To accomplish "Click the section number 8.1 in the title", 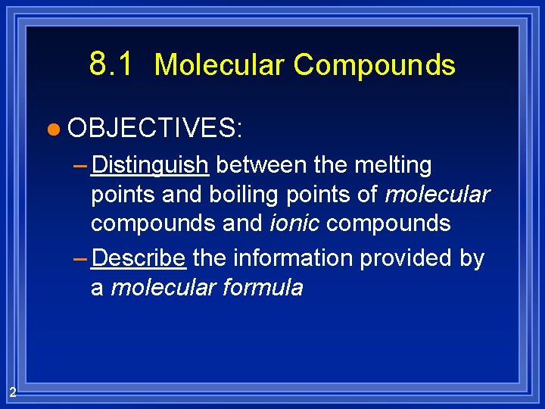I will coord(111,64).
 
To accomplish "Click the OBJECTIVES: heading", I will coord(154,127).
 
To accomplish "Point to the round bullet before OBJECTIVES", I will coord(51,129).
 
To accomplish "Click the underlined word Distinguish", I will coord(150,165).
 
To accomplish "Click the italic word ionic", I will coord(296,224).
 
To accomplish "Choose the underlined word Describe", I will coord(138,258).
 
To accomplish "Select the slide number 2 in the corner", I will coord(13,392).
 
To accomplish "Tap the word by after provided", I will coord(471,258).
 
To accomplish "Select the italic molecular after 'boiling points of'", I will coord(437,195).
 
